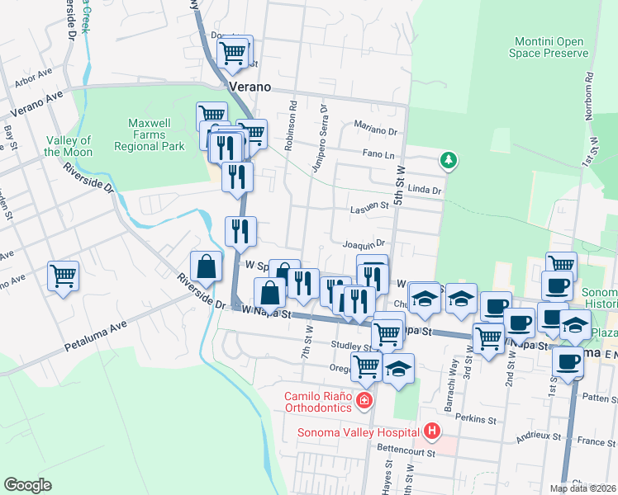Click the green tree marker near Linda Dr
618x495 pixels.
click(x=449, y=159)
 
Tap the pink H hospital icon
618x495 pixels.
click(x=430, y=431)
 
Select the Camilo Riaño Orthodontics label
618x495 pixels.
click(x=317, y=401)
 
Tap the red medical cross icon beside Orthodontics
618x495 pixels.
click(x=364, y=401)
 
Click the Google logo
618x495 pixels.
click(x=27, y=485)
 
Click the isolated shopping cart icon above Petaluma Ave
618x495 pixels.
click(x=63, y=276)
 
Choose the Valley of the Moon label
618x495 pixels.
click(x=68, y=146)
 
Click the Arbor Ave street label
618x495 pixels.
click(x=32, y=80)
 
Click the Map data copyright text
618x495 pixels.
click(x=582, y=488)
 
